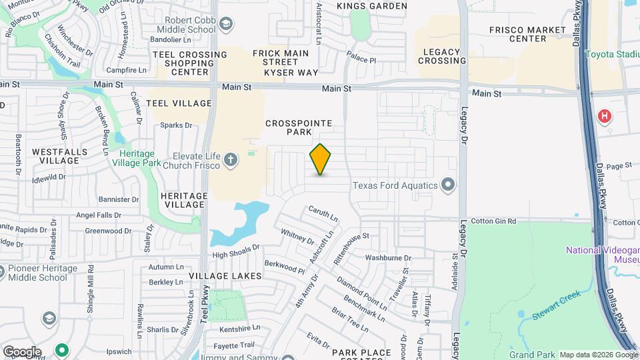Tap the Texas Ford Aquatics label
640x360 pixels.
click(x=395, y=185)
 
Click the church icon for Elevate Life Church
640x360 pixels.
click(x=230, y=159)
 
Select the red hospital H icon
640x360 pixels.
click(x=605, y=117)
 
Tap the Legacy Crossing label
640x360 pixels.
click(x=442, y=57)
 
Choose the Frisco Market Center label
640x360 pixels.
click(x=527, y=35)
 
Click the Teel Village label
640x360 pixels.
click(x=179, y=103)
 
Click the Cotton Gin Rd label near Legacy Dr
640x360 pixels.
click(x=493, y=221)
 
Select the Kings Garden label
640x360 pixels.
click(x=372, y=6)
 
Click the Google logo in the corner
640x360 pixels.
click(x=22, y=351)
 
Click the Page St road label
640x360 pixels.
click(x=619, y=165)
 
